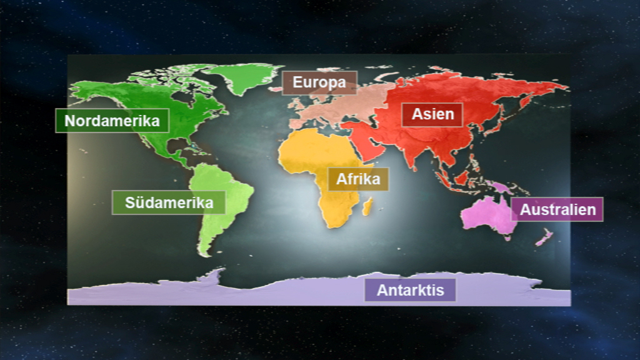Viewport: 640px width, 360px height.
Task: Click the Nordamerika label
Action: (112, 121)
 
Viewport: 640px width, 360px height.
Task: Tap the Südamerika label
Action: (169, 202)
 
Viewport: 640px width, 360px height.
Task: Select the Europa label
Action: (319, 82)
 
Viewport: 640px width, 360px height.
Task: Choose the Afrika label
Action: (358, 179)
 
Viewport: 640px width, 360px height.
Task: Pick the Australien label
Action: (558, 209)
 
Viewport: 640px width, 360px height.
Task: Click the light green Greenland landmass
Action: (241, 77)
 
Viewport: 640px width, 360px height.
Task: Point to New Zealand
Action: (543, 237)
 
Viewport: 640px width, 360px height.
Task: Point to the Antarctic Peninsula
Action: (215, 276)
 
